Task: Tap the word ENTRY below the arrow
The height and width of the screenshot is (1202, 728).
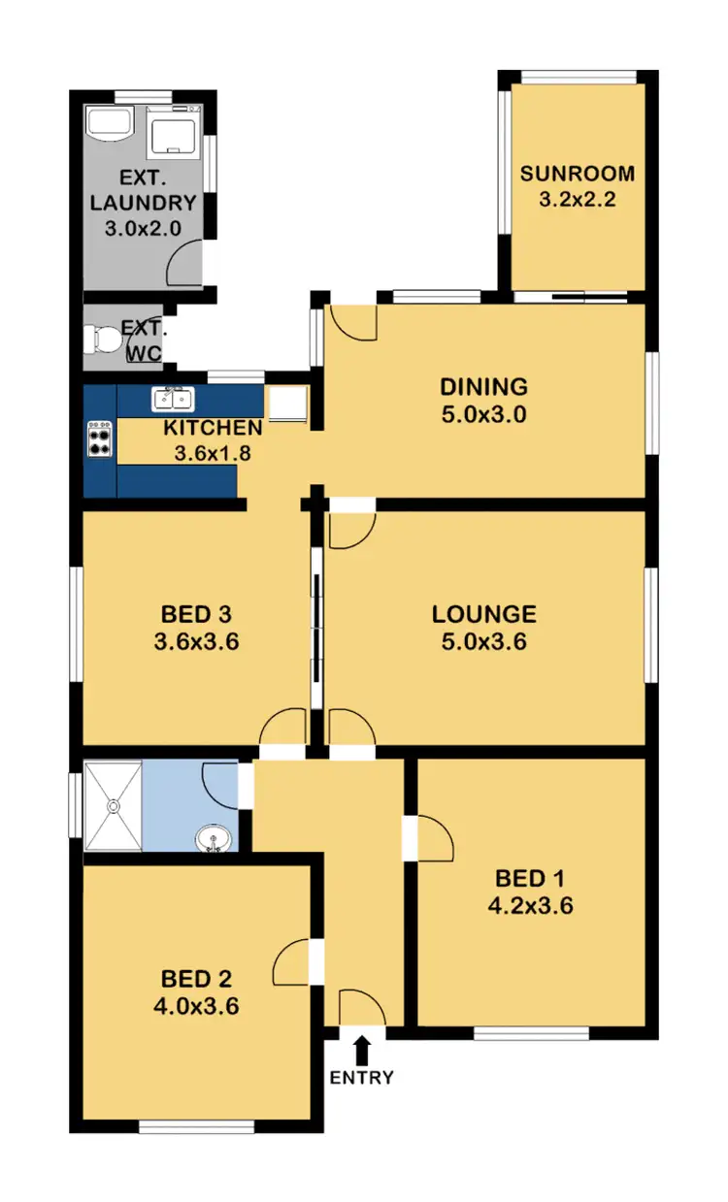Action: [362, 1077]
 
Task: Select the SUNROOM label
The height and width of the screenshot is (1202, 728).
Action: [578, 175]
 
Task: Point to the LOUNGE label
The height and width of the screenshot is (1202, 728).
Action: [484, 614]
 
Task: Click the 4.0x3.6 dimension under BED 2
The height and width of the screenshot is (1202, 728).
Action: [198, 1006]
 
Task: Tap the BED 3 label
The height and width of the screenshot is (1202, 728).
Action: [198, 614]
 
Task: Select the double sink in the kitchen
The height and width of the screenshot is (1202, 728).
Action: [173, 399]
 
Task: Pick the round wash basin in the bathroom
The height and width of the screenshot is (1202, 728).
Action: [213, 837]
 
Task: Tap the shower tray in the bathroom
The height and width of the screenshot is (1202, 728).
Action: [113, 805]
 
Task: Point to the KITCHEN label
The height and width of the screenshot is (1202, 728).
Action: [212, 428]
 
